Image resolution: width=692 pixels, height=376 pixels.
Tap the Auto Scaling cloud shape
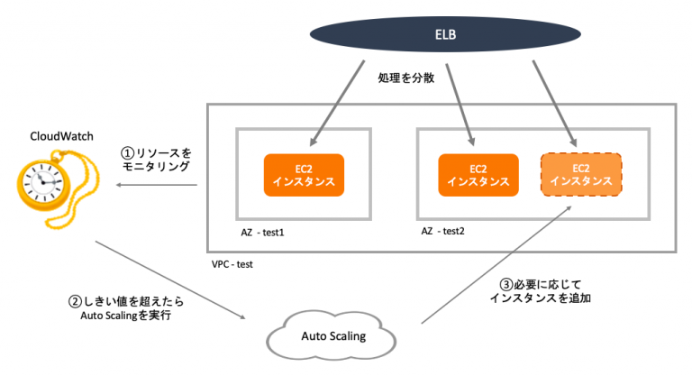(332, 337)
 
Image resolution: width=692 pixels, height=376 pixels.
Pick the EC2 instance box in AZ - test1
(304, 174)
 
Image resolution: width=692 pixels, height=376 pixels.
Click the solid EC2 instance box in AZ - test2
(478, 174)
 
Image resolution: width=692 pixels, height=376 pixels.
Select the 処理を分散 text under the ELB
(406, 78)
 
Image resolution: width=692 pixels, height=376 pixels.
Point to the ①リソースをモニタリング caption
(157, 160)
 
